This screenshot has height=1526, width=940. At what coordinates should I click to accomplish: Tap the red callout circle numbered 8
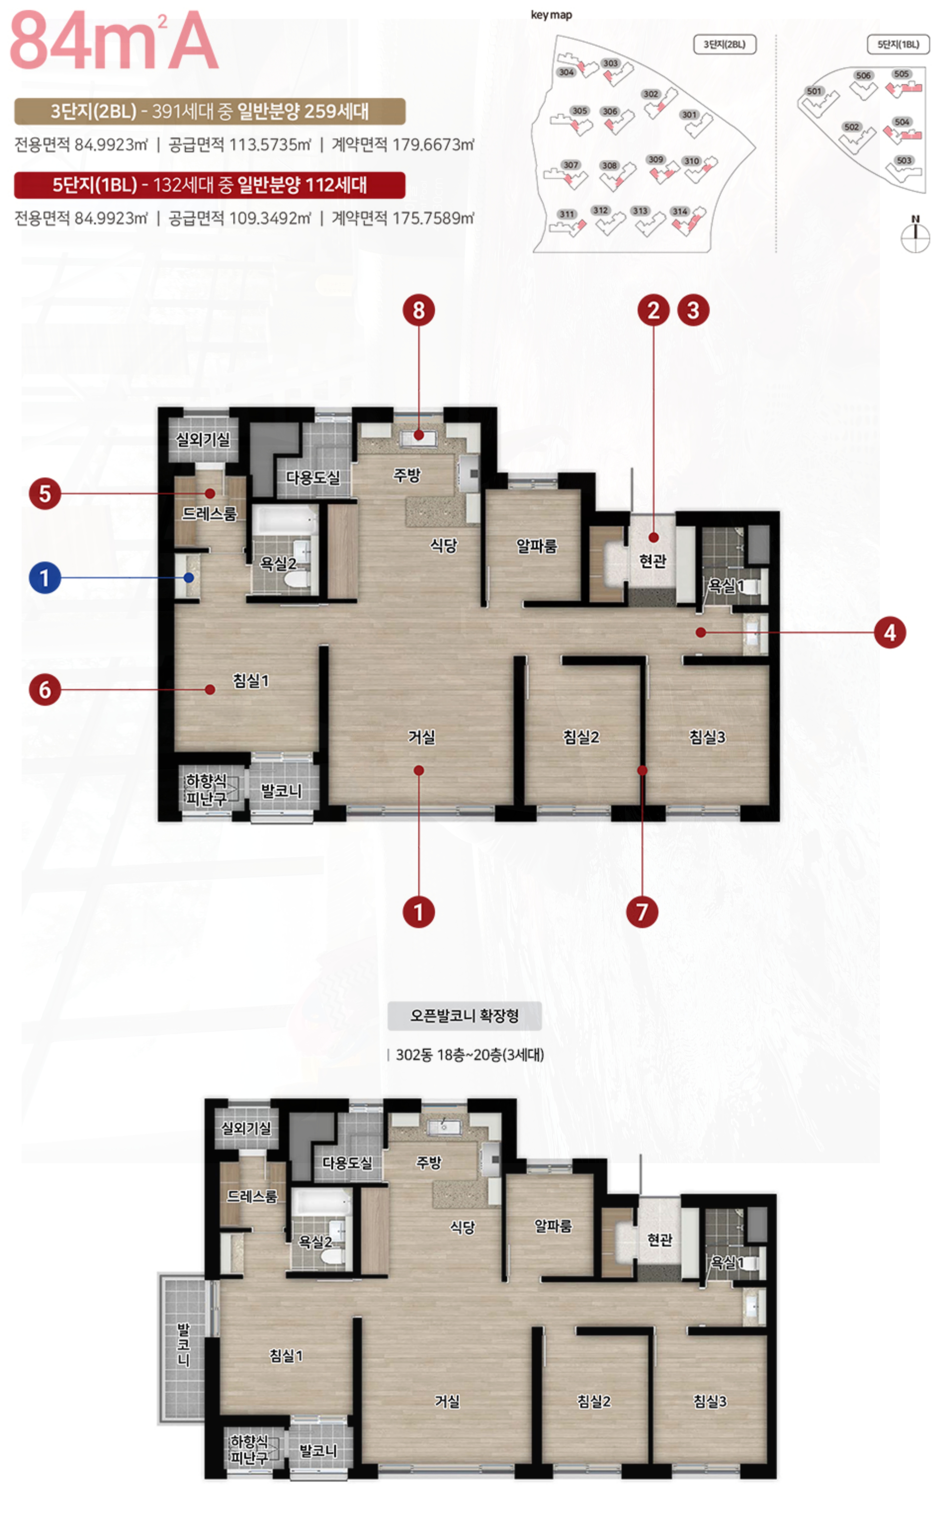(418, 310)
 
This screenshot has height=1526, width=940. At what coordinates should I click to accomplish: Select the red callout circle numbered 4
(890, 633)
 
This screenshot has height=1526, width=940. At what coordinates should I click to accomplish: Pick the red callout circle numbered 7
(642, 912)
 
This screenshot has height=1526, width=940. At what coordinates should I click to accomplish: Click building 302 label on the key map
(651, 94)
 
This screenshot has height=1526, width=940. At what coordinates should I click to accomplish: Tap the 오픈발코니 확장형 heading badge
(464, 1016)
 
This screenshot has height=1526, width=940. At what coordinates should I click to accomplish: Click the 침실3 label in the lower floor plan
(709, 1401)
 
